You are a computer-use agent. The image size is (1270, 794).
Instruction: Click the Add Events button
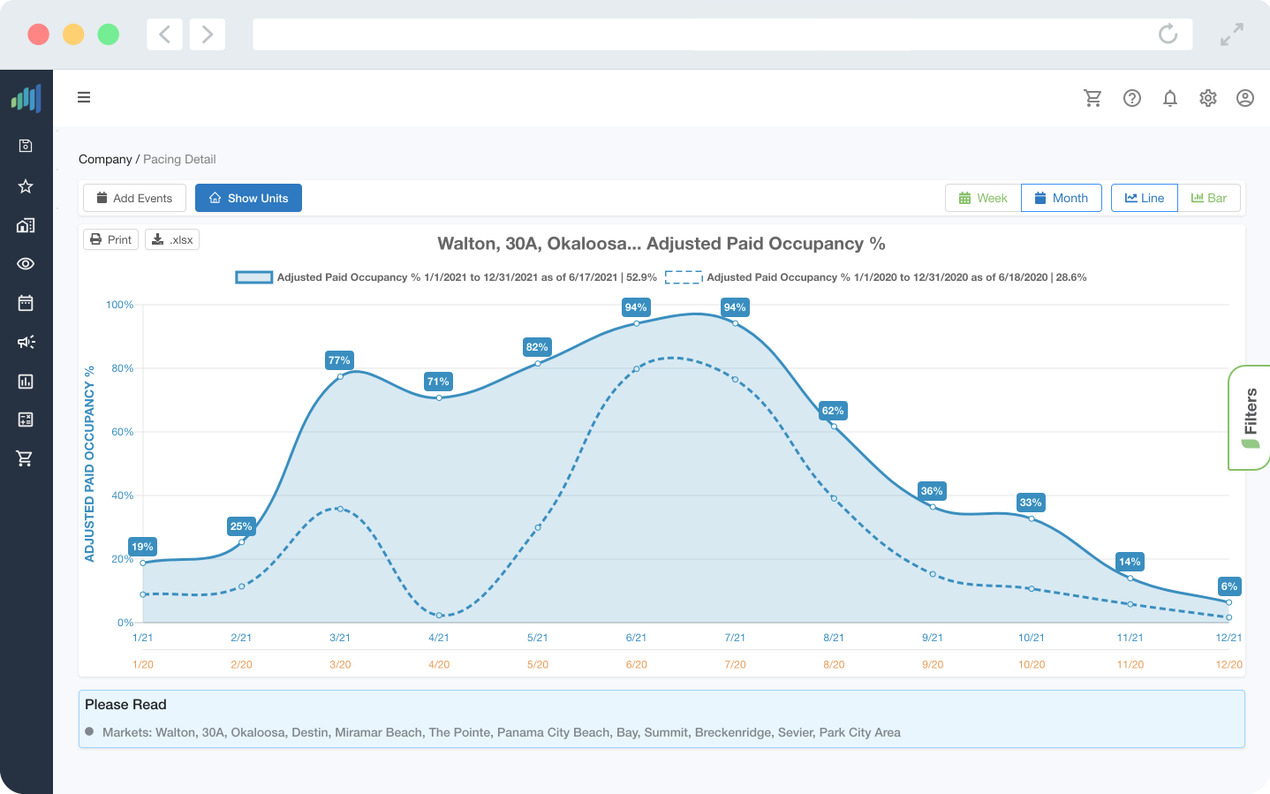click(x=134, y=198)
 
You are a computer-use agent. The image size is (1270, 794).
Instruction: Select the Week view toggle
click(x=983, y=198)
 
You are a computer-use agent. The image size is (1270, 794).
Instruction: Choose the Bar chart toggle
click(x=1209, y=198)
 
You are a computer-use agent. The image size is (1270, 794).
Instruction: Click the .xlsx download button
click(x=172, y=239)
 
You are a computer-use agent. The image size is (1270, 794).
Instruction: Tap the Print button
click(x=111, y=239)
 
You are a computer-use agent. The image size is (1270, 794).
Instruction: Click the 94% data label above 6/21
click(x=636, y=307)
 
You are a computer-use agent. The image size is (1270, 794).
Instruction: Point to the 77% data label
click(x=339, y=360)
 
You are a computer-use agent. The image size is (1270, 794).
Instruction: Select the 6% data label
click(x=1228, y=586)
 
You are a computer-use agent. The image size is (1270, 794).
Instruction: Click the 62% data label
click(x=833, y=411)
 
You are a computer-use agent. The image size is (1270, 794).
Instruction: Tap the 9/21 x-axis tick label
click(x=933, y=638)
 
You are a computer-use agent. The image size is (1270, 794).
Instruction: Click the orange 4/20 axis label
click(x=439, y=664)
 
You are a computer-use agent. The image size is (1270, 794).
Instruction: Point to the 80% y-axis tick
click(x=122, y=368)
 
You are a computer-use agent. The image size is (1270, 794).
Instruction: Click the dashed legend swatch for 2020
click(x=684, y=277)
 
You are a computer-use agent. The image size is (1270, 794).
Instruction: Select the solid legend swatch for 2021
click(x=253, y=277)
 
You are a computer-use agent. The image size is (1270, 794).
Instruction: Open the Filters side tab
click(x=1250, y=417)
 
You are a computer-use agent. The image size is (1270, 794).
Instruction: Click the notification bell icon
click(x=1170, y=98)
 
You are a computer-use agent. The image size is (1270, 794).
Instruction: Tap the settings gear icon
click(x=1208, y=98)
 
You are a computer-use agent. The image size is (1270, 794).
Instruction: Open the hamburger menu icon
click(x=84, y=97)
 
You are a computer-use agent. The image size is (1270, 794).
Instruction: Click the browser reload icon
click(x=1168, y=34)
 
